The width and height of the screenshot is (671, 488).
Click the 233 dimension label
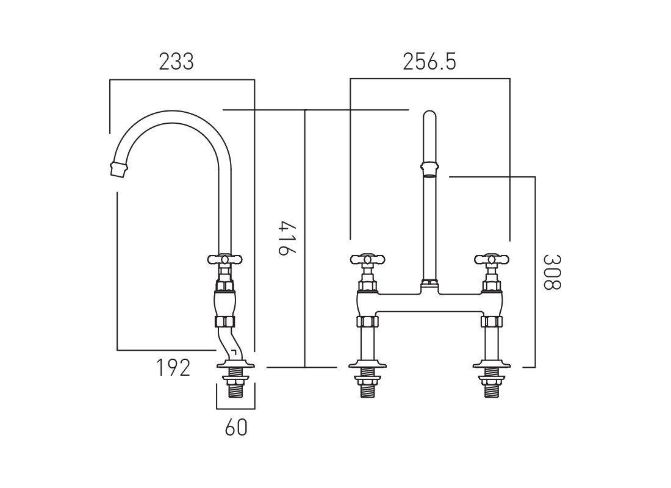point(176,62)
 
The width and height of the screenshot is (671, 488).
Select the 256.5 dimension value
point(429,62)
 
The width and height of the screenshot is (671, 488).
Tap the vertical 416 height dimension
point(282,238)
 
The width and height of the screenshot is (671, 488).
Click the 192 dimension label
point(173,368)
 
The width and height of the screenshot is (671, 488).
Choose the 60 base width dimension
point(237,428)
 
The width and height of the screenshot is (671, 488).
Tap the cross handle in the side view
point(224,259)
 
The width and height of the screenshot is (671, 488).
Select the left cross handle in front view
point(367,260)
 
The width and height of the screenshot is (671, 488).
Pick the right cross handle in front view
point(491,260)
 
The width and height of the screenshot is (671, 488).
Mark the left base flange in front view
point(367,366)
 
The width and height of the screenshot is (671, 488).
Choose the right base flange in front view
point(491,366)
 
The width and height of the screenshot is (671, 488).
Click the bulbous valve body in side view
point(224,302)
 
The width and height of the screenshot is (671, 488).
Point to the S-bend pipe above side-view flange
point(228,345)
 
